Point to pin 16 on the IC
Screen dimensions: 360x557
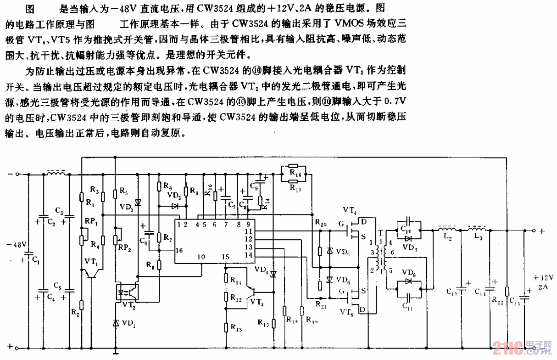179,251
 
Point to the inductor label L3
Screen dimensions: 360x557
478,239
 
